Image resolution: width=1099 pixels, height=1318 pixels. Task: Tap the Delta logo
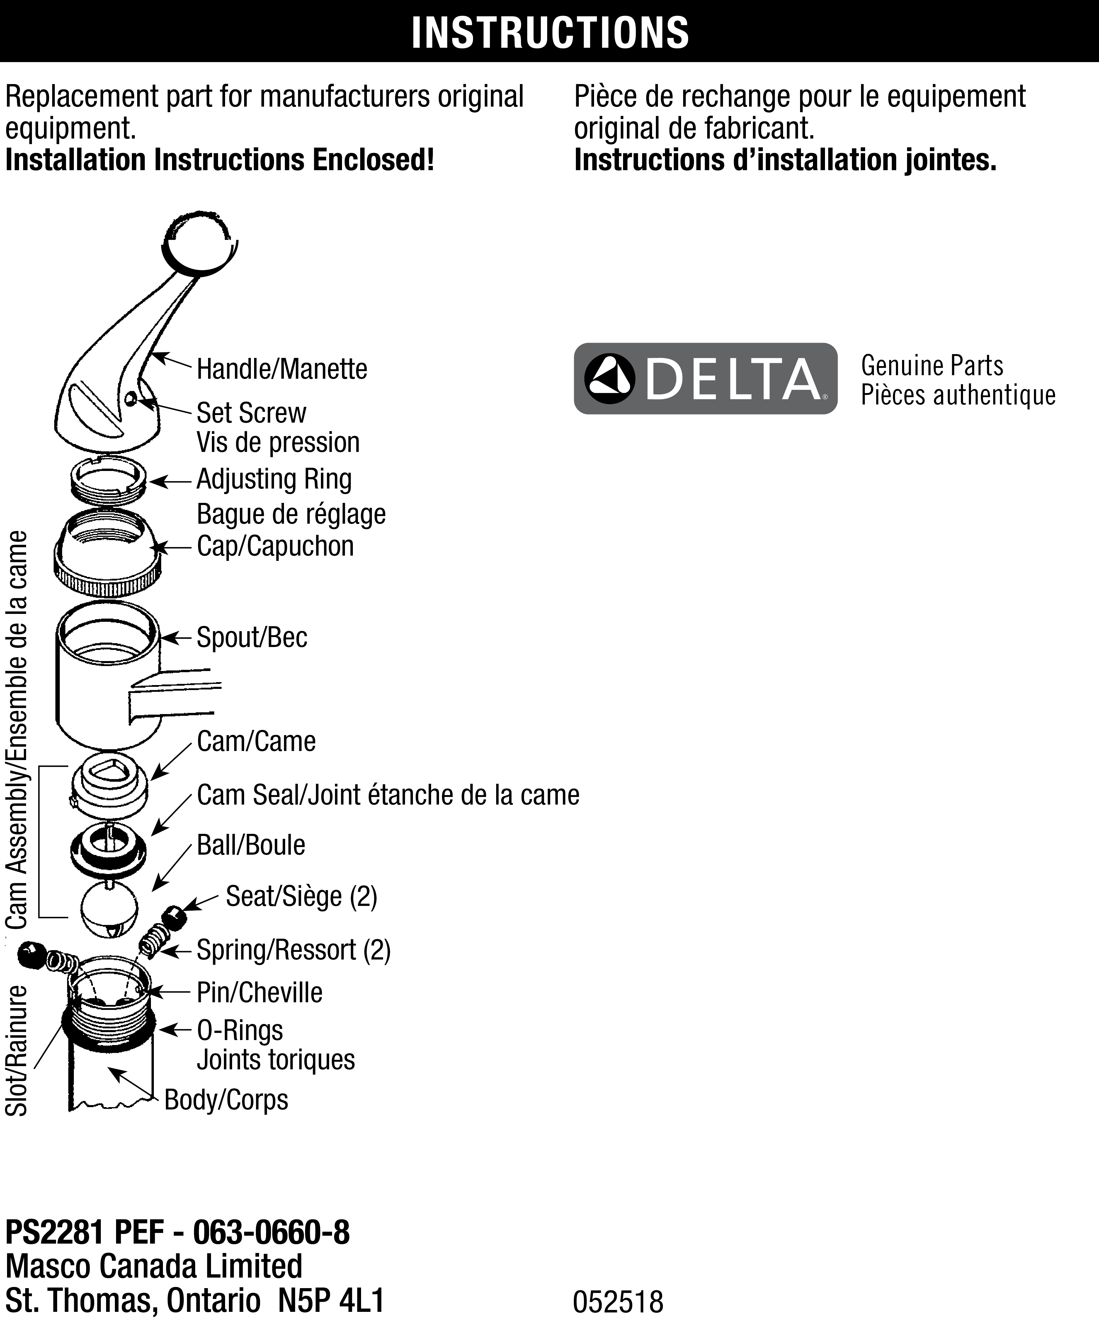click(705, 378)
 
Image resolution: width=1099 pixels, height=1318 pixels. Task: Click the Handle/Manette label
click(282, 369)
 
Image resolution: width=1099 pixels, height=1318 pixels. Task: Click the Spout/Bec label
click(252, 638)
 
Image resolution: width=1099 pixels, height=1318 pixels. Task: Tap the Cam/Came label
click(256, 741)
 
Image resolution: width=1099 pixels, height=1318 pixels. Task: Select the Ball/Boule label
click(251, 845)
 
